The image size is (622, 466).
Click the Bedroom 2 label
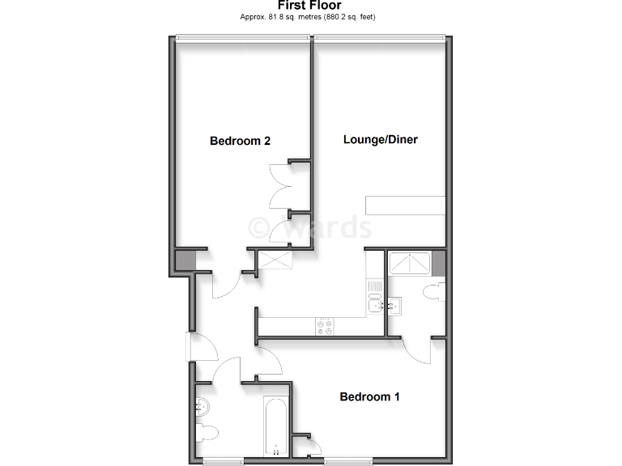point(240,141)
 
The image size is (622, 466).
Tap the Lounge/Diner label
point(380,139)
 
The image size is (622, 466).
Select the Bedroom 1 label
point(369,396)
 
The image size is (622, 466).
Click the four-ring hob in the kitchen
point(325,325)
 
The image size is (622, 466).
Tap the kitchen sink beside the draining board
point(374,305)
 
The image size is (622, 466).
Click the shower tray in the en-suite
point(411,263)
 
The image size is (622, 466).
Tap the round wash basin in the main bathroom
point(202,406)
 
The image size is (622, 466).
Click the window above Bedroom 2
point(242,36)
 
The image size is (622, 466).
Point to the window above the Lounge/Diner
point(379,36)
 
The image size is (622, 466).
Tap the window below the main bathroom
point(224,461)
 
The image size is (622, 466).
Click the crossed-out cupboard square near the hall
point(274,261)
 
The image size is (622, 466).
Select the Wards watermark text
point(309,227)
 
